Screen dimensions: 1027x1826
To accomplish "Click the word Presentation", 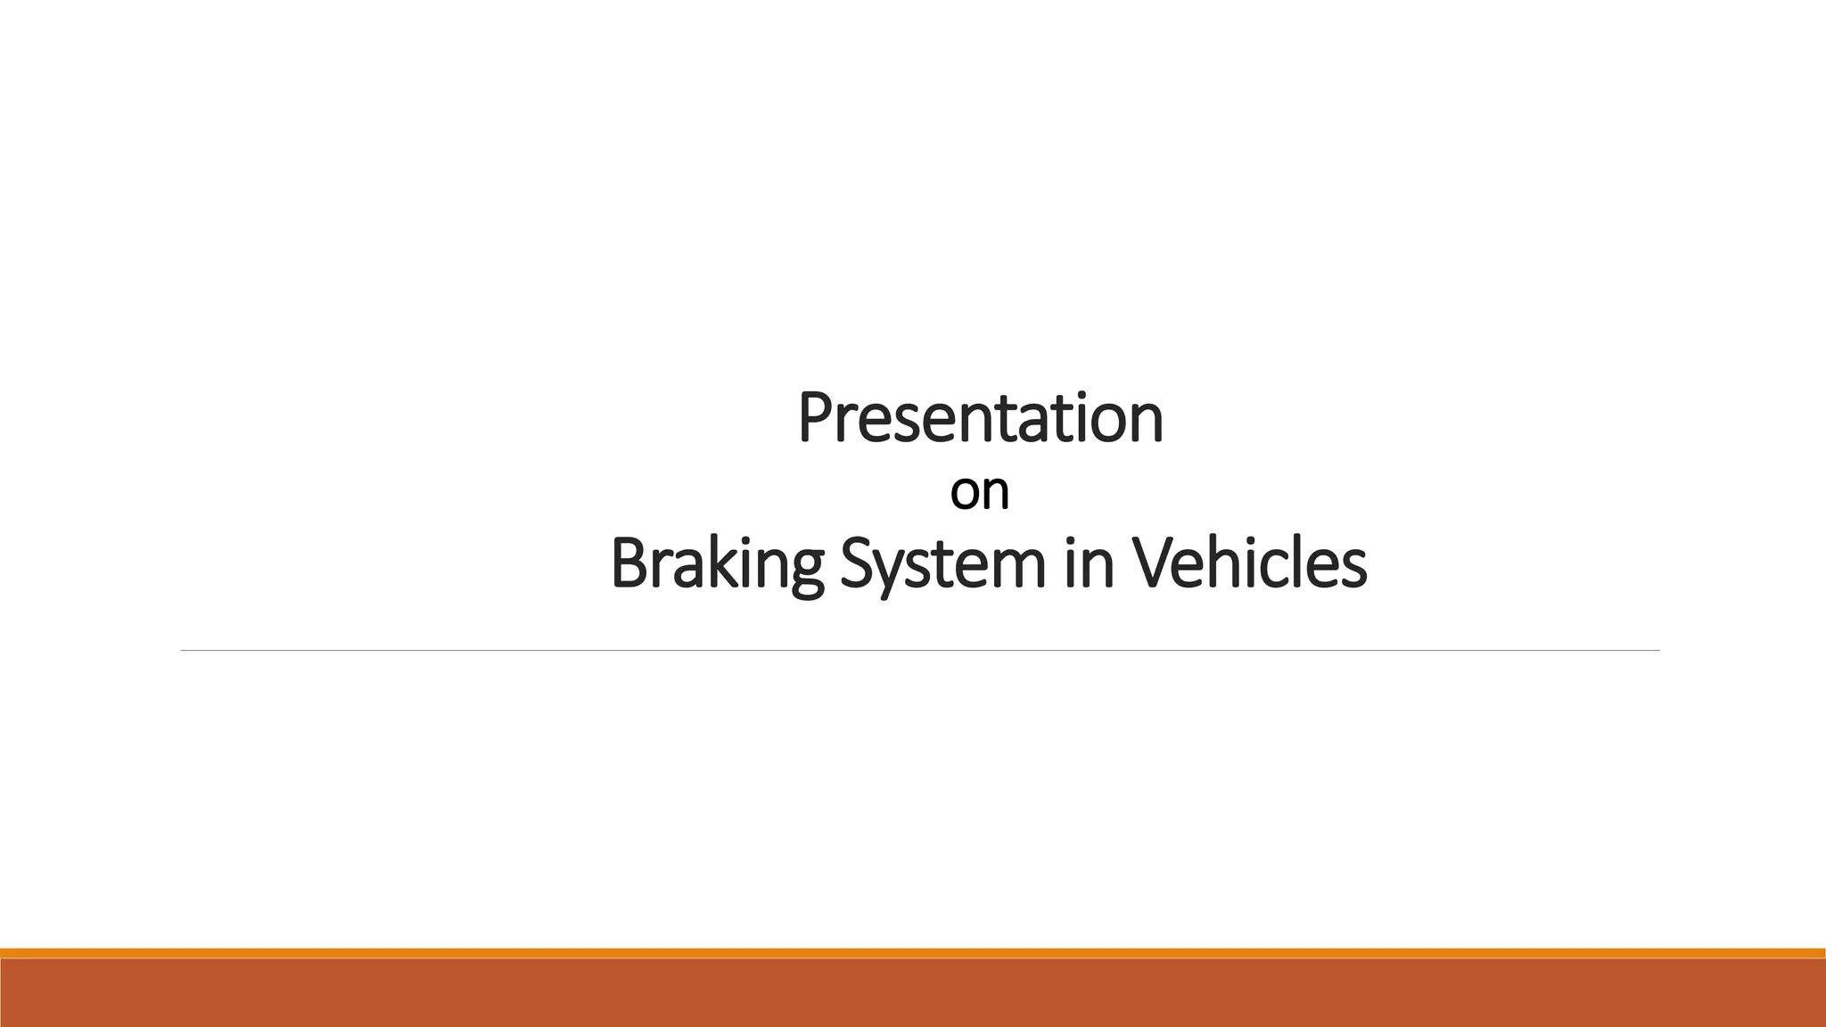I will [980, 417].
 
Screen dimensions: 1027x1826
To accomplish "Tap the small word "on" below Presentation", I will [979, 492].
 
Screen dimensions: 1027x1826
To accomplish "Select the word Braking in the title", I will [718, 565].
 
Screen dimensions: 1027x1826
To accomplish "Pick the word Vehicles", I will [1249, 563].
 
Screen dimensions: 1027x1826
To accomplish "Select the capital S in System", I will [857, 564].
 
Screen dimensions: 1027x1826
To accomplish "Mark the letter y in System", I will [892, 571].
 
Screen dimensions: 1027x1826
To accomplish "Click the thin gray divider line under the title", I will [919, 651].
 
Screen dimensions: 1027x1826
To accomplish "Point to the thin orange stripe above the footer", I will [913, 953].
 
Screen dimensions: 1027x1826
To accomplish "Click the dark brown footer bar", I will [913, 993].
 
